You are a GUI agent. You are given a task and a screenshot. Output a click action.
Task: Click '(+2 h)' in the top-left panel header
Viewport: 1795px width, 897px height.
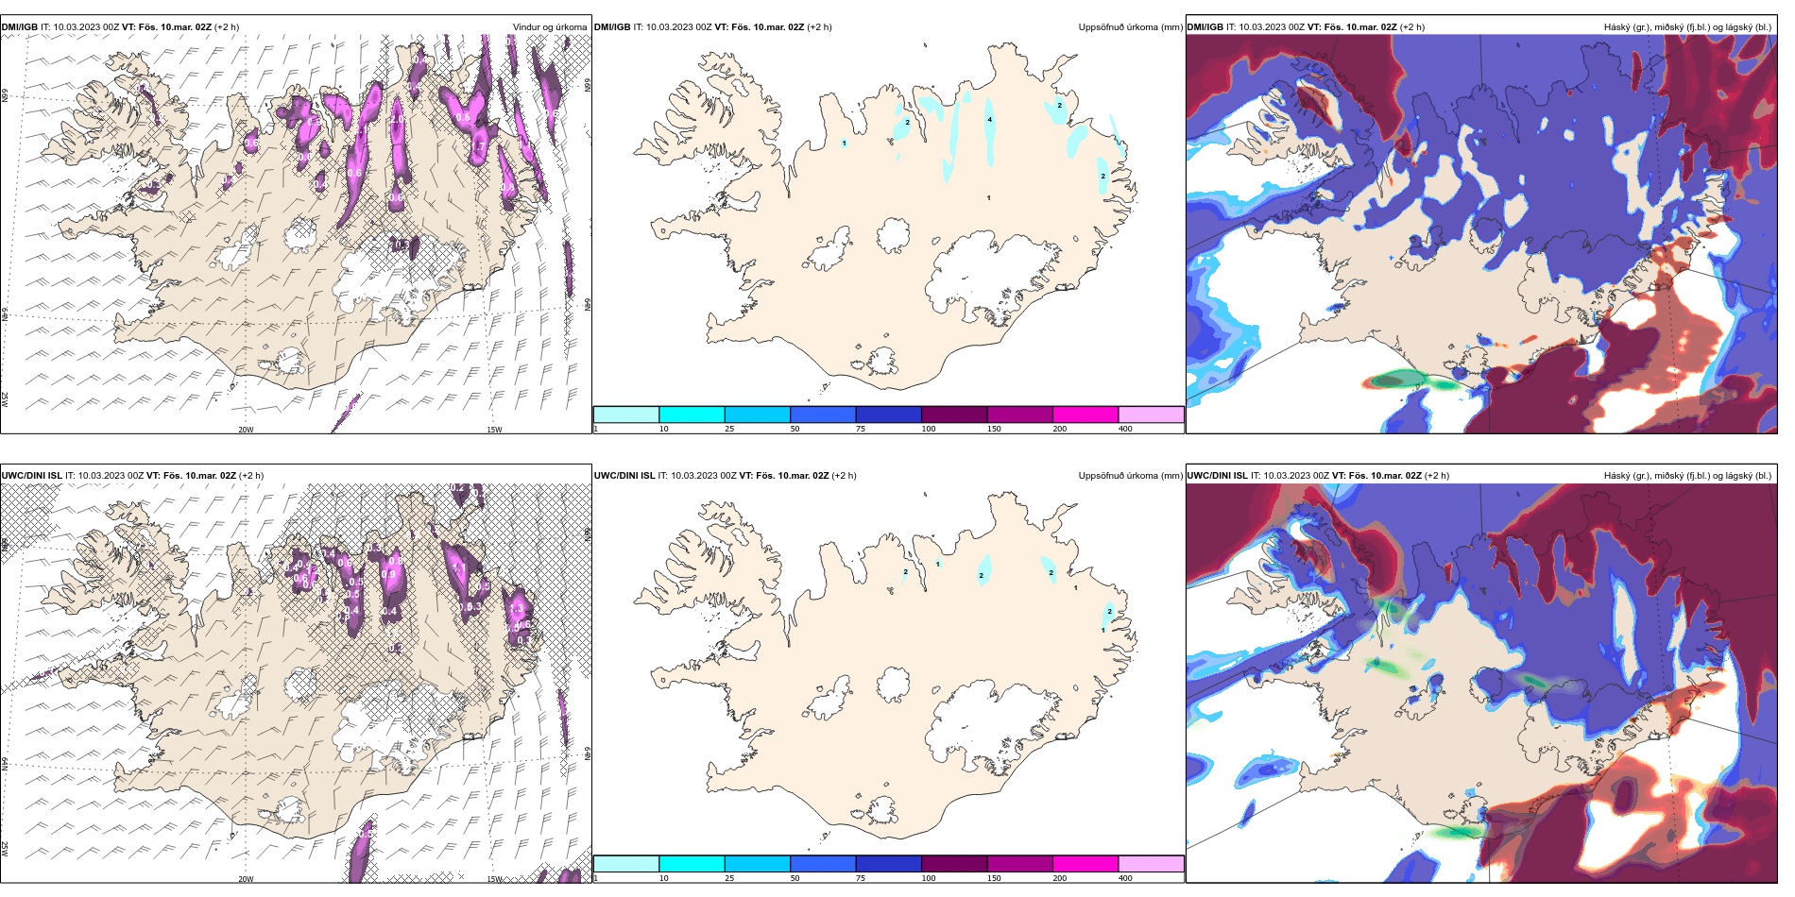click(x=227, y=27)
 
